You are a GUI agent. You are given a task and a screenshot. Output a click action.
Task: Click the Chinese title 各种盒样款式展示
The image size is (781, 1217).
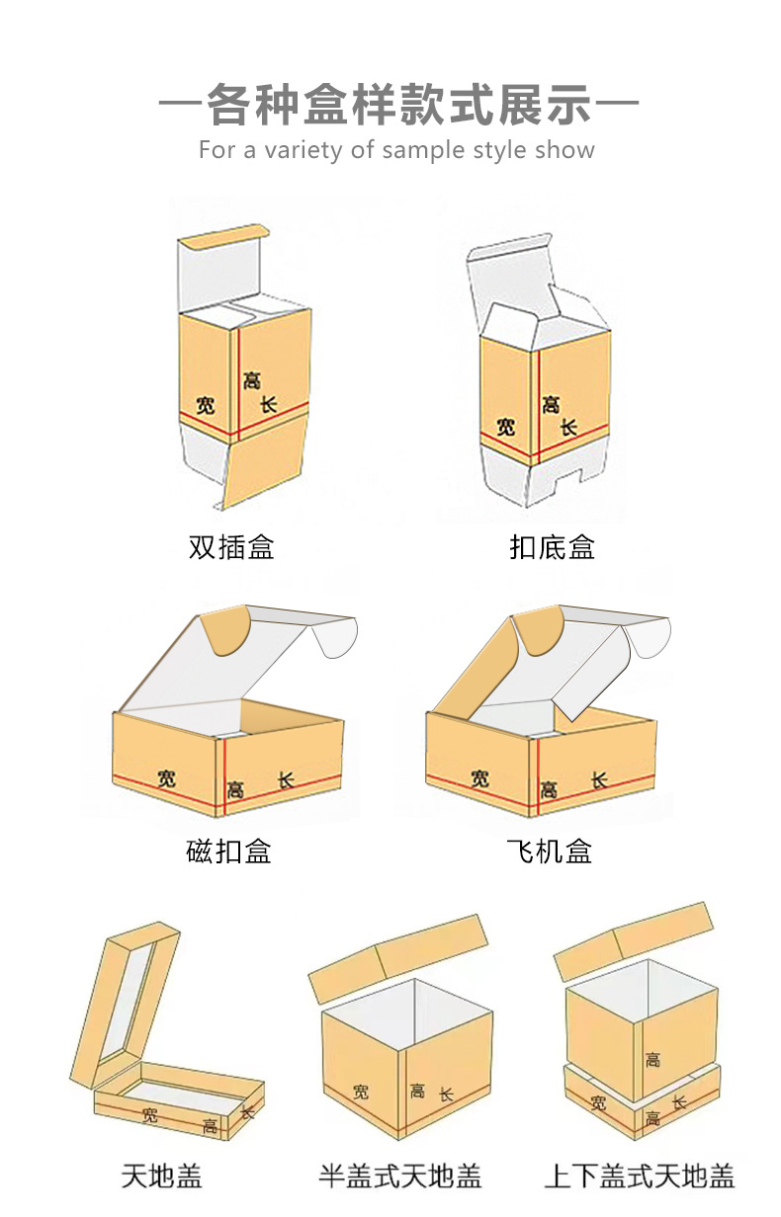click(x=398, y=105)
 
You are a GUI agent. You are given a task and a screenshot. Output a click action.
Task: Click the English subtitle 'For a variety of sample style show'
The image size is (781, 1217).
click(x=396, y=150)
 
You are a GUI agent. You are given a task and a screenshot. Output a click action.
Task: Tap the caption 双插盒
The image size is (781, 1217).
click(x=231, y=546)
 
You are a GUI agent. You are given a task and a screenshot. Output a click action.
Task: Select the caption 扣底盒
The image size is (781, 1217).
click(x=552, y=546)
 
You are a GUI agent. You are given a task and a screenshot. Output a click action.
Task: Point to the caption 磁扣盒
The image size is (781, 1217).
click(x=228, y=851)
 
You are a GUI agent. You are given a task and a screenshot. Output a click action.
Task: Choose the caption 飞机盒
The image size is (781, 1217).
click(x=549, y=851)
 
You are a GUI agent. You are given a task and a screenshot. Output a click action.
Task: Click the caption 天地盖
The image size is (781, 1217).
click(x=161, y=1176)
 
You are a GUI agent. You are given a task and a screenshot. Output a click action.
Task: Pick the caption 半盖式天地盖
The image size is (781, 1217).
click(x=400, y=1176)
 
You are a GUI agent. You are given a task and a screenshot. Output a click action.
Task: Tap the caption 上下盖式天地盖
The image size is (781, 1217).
click(x=640, y=1176)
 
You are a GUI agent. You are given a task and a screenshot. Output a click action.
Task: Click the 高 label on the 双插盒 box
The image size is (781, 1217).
click(x=252, y=379)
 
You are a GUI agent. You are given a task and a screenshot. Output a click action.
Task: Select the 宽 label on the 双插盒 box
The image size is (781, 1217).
click(x=205, y=405)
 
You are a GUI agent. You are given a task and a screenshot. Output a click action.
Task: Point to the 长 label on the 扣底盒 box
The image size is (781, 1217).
click(x=569, y=427)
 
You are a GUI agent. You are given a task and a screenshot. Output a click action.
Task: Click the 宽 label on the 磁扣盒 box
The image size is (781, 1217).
click(x=166, y=778)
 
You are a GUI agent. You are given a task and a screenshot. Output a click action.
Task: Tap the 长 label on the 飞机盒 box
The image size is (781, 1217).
click(x=599, y=780)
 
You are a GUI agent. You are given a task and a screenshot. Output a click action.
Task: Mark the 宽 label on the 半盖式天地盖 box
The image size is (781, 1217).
click(x=361, y=1092)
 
